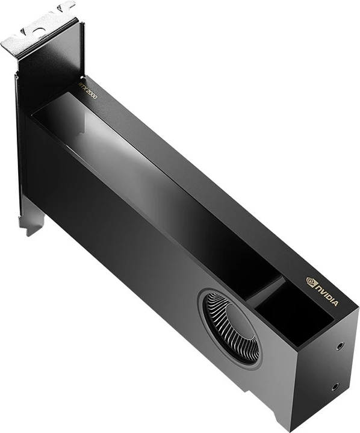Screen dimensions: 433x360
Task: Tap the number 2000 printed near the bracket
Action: point(92,94)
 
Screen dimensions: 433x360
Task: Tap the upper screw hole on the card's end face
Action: point(341,346)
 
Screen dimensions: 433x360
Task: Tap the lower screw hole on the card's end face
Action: point(334,386)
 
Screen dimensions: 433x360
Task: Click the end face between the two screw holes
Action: point(337,366)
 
